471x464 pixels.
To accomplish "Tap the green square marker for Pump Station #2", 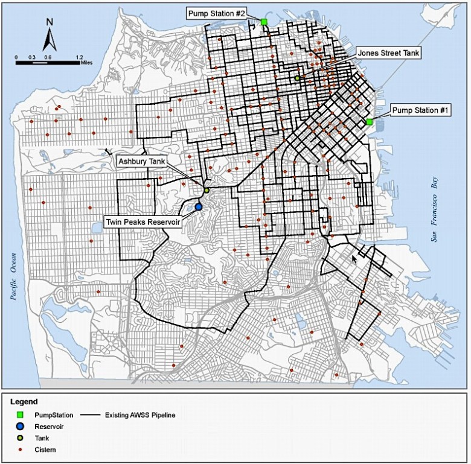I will point(264,22).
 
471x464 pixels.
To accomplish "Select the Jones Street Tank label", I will point(388,52).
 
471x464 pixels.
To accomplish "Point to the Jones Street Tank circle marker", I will point(297,78).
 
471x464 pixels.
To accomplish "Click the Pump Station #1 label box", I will point(420,110).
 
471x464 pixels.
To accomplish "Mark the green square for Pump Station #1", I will point(369,122).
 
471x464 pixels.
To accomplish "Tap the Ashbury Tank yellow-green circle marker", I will point(207,190).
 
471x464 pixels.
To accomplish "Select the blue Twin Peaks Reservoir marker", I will point(198,207).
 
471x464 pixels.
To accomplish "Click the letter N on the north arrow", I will point(50,23).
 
